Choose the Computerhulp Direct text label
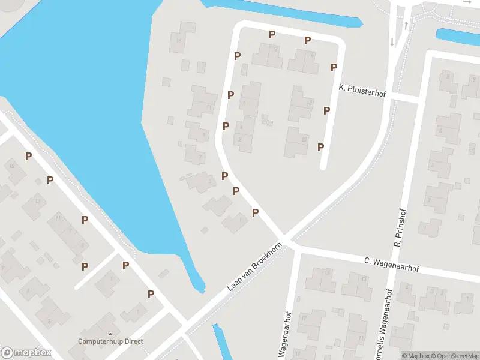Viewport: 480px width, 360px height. (110, 341)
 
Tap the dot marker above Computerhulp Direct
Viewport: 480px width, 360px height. (110, 334)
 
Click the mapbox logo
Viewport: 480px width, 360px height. (26, 353)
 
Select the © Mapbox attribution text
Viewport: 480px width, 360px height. (416, 356)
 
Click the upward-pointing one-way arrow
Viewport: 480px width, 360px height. (406, 25)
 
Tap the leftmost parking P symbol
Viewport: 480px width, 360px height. (28, 156)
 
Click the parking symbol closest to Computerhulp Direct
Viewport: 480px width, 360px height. (151, 294)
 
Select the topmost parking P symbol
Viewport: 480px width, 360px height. (272, 34)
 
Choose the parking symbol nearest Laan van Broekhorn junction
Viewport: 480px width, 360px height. (255, 212)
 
